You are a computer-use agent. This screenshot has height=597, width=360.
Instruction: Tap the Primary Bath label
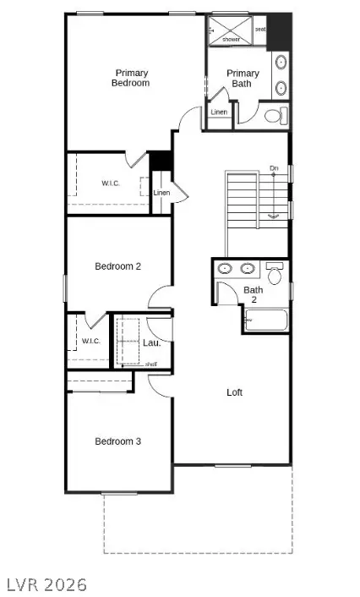[243, 79]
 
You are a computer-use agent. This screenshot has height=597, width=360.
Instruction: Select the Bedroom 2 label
[117, 266]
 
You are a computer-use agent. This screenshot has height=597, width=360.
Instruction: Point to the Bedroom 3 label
[117, 441]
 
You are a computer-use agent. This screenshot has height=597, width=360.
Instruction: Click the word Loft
[235, 392]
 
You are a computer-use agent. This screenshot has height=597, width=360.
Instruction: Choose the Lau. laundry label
[152, 342]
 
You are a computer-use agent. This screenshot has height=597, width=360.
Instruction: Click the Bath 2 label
[253, 295]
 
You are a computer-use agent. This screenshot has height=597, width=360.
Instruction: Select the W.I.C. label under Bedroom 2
[91, 341]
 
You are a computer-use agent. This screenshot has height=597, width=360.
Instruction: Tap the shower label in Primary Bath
[232, 39]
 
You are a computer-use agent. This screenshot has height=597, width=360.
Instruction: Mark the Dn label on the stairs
[274, 169]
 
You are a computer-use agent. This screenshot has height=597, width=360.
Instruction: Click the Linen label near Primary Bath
[219, 112]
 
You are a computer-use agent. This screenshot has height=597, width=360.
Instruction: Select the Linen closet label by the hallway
[161, 193]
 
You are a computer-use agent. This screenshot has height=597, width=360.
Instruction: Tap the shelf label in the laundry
[151, 364]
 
